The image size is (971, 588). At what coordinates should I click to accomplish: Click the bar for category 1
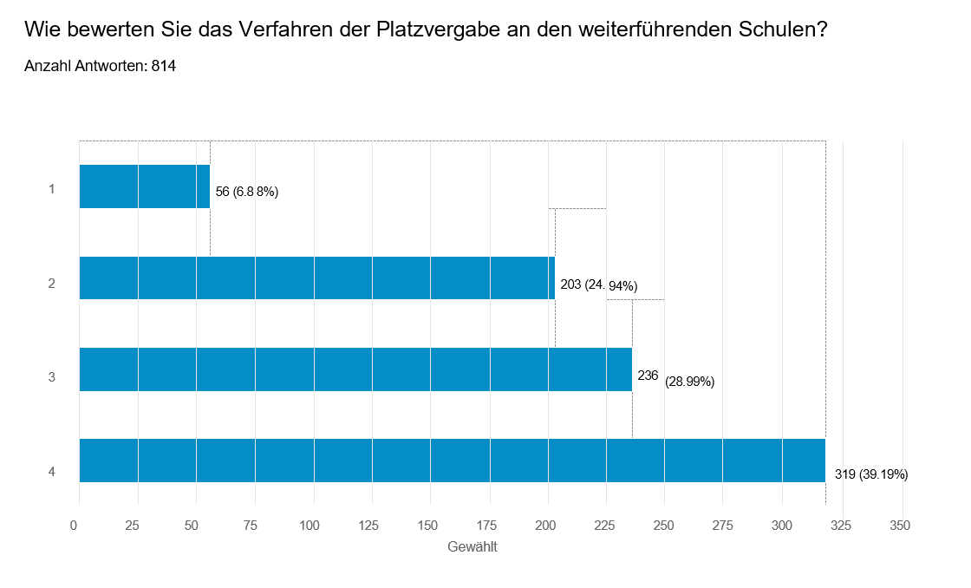[x=144, y=186]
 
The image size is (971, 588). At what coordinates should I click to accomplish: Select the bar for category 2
[x=316, y=278]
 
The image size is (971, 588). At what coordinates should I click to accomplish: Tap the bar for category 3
[x=355, y=369]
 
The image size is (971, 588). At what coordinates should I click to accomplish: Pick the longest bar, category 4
[x=452, y=461]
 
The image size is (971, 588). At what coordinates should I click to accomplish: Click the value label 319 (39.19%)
[x=870, y=474]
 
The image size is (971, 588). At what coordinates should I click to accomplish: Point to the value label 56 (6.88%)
[x=246, y=192]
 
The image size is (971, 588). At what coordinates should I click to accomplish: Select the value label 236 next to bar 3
[x=648, y=376]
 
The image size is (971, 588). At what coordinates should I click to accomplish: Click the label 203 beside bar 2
[x=570, y=284]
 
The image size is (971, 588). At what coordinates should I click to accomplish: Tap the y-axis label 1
[x=52, y=187]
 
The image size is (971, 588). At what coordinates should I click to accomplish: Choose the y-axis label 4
[x=52, y=472]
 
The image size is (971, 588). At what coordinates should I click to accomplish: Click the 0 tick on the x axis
[x=74, y=525]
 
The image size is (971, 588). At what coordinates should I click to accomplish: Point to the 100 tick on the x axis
[x=310, y=525]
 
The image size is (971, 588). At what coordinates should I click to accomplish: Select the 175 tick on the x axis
[x=486, y=525]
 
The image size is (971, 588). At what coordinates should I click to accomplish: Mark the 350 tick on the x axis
[x=900, y=525]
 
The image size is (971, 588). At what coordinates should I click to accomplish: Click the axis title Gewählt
[x=472, y=547]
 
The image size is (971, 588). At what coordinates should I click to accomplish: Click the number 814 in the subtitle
[x=164, y=66]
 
